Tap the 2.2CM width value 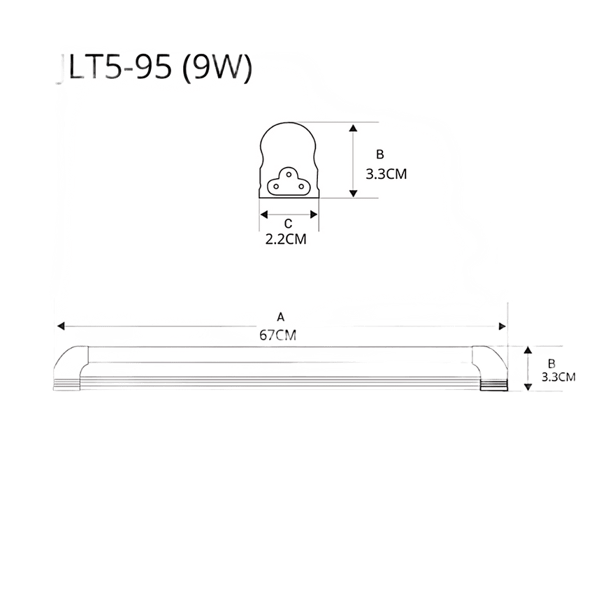pyautogui.click(x=286, y=240)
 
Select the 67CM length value pyautogui.click(x=277, y=335)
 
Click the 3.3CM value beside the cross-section pyautogui.click(x=386, y=174)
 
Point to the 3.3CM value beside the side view pyautogui.click(x=558, y=377)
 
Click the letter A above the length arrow pyautogui.click(x=280, y=317)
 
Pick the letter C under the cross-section pyautogui.click(x=288, y=224)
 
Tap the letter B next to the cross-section pyautogui.click(x=379, y=154)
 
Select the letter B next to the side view pyautogui.click(x=551, y=363)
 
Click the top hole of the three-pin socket pyautogui.click(x=289, y=175)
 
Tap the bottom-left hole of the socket pyautogui.click(x=276, y=187)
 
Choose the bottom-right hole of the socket pyautogui.click(x=301, y=187)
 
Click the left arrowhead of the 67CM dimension pyautogui.click(x=61, y=326)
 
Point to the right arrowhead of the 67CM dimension pyautogui.click(x=502, y=326)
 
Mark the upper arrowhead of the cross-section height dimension pyautogui.click(x=353, y=128)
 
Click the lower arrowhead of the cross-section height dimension pyautogui.click(x=353, y=193)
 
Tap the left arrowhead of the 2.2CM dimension pyautogui.click(x=264, y=215)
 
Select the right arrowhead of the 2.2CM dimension pyautogui.click(x=314, y=215)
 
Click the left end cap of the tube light pyautogui.click(x=70, y=368)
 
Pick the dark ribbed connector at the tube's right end pyautogui.click(x=493, y=386)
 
